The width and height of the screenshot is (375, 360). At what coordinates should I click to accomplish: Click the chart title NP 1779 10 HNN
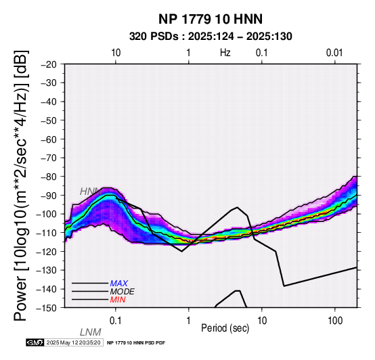(x=211, y=19)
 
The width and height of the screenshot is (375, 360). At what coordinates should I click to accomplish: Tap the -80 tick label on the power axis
(x=49, y=177)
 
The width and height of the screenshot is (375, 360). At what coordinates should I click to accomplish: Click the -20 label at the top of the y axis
(x=49, y=64)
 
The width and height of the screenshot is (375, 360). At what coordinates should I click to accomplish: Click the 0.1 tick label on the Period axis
(x=115, y=321)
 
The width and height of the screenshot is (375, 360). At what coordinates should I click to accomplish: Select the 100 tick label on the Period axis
(x=335, y=321)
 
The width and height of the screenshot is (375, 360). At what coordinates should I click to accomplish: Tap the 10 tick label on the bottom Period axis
(x=262, y=321)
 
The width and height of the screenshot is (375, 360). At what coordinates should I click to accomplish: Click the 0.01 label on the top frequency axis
(x=334, y=53)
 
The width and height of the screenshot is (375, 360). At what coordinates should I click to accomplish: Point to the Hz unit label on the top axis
(x=225, y=53)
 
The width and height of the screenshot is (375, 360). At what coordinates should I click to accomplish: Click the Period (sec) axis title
(x=225, y=328)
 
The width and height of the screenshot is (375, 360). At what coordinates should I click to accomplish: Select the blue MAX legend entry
(x=119, y=284)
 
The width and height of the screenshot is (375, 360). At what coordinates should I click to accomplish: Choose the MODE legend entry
(x=123, y=292)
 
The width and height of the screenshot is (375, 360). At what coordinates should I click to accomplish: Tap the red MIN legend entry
(x=118, y=300)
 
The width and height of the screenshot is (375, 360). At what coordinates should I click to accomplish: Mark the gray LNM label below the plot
(x=91, y=332)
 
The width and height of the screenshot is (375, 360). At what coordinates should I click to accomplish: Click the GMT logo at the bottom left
(x=35, y=342)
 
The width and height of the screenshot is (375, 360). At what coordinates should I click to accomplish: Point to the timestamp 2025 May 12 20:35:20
(x=73, y=342)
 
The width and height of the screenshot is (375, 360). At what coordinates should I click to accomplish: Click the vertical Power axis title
(x=21, y=185)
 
